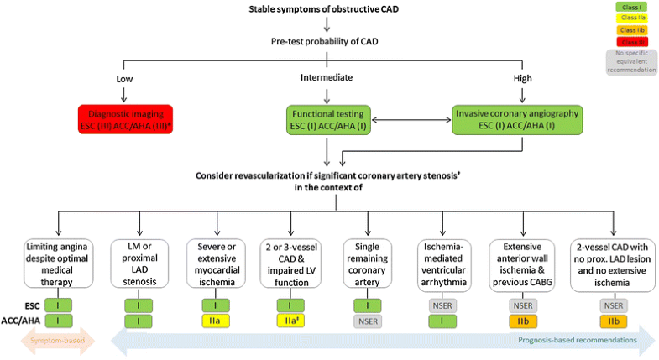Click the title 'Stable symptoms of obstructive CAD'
327,9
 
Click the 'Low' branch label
123,78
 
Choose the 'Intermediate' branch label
327,78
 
